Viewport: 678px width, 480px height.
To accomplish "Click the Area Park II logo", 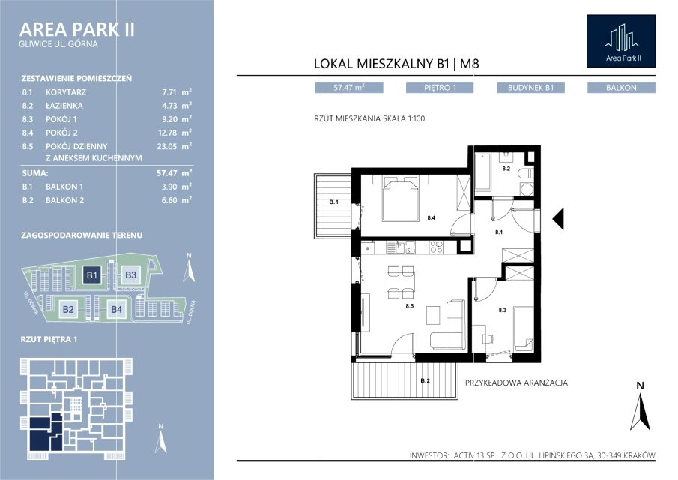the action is tap(621, 41).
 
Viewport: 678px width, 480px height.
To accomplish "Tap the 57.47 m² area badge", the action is tap(349, 88).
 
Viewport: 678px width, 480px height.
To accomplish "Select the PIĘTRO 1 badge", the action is tap(440, 88).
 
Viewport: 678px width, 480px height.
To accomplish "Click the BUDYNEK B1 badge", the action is tap(530, 88).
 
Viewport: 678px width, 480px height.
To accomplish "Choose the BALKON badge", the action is tap(621, 88).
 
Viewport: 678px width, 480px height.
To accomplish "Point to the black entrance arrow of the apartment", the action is tap(558, 218).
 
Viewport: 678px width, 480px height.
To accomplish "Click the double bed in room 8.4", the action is tap(401, 200).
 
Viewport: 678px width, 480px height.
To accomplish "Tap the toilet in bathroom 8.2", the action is tap(526, 174).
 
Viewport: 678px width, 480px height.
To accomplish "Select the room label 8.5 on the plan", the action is tap(410, 306).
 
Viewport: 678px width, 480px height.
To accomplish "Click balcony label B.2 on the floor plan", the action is tap(426, 381).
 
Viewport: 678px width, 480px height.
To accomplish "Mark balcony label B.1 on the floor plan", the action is tap(334, 202).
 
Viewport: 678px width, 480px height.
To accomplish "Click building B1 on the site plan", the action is tap(92, 274).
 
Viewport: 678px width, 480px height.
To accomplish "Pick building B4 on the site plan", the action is tap(116, 310).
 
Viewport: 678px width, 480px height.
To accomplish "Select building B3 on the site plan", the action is tap(130, 274).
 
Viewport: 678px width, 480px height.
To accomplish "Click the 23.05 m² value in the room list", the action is tap(175, 146).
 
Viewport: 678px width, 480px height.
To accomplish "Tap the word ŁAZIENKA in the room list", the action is tap(64, 106).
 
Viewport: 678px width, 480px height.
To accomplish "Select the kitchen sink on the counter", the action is tap(392, 248).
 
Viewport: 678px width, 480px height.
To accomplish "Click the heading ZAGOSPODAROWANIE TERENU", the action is tap(82, 235).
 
